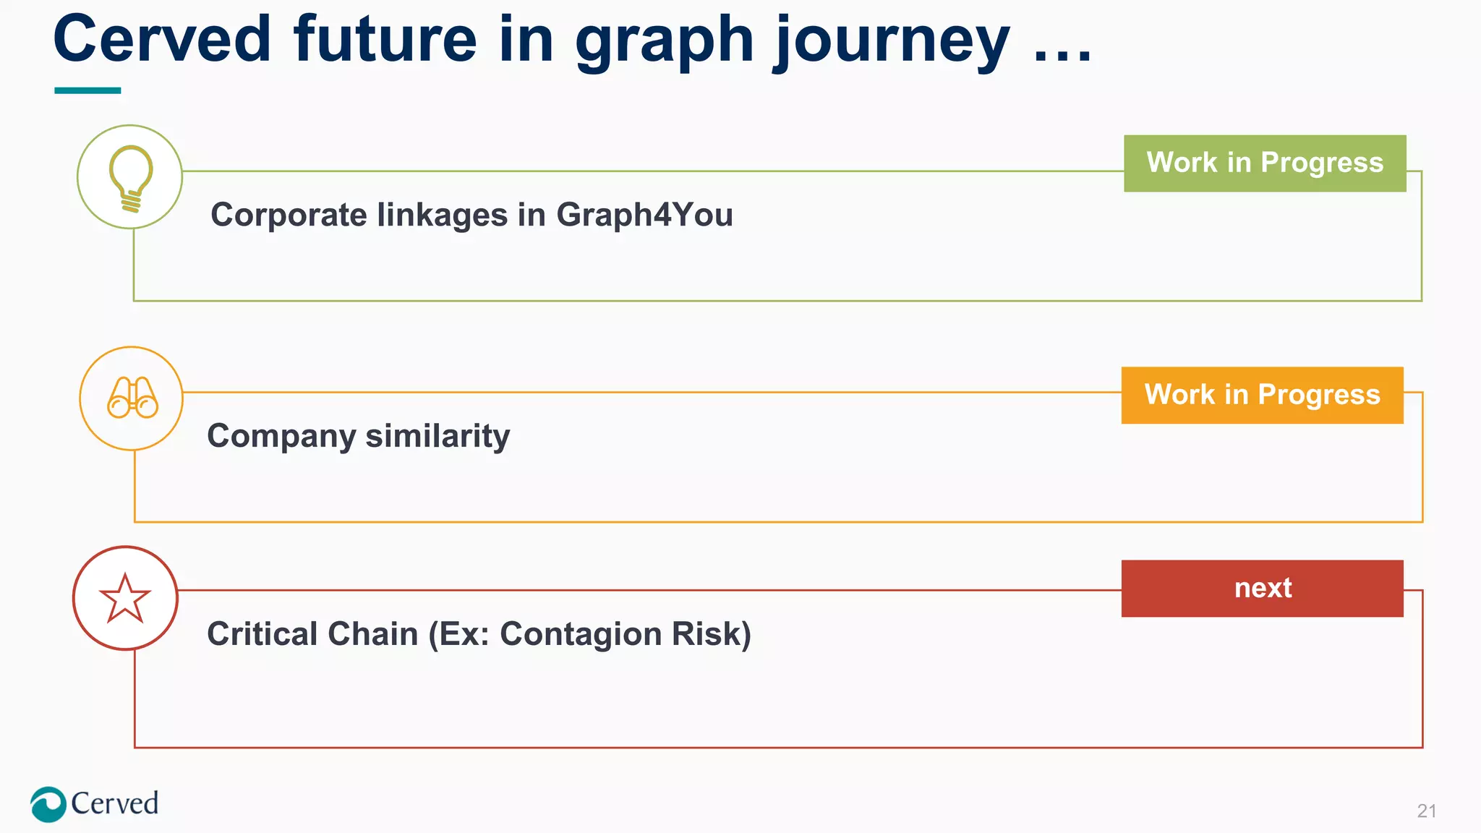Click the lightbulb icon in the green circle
pos(130,178)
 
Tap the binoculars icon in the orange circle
pos(132,398)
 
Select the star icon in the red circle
pos(125,599)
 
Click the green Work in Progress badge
pos(1264,163)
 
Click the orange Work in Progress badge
pos(1262,395)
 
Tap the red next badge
pos(1262,588)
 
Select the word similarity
pos(438,436)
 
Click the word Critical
pos(262,634)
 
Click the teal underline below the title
pos(88,90)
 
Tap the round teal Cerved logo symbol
pos(48,804)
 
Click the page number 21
pos(1426,811)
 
